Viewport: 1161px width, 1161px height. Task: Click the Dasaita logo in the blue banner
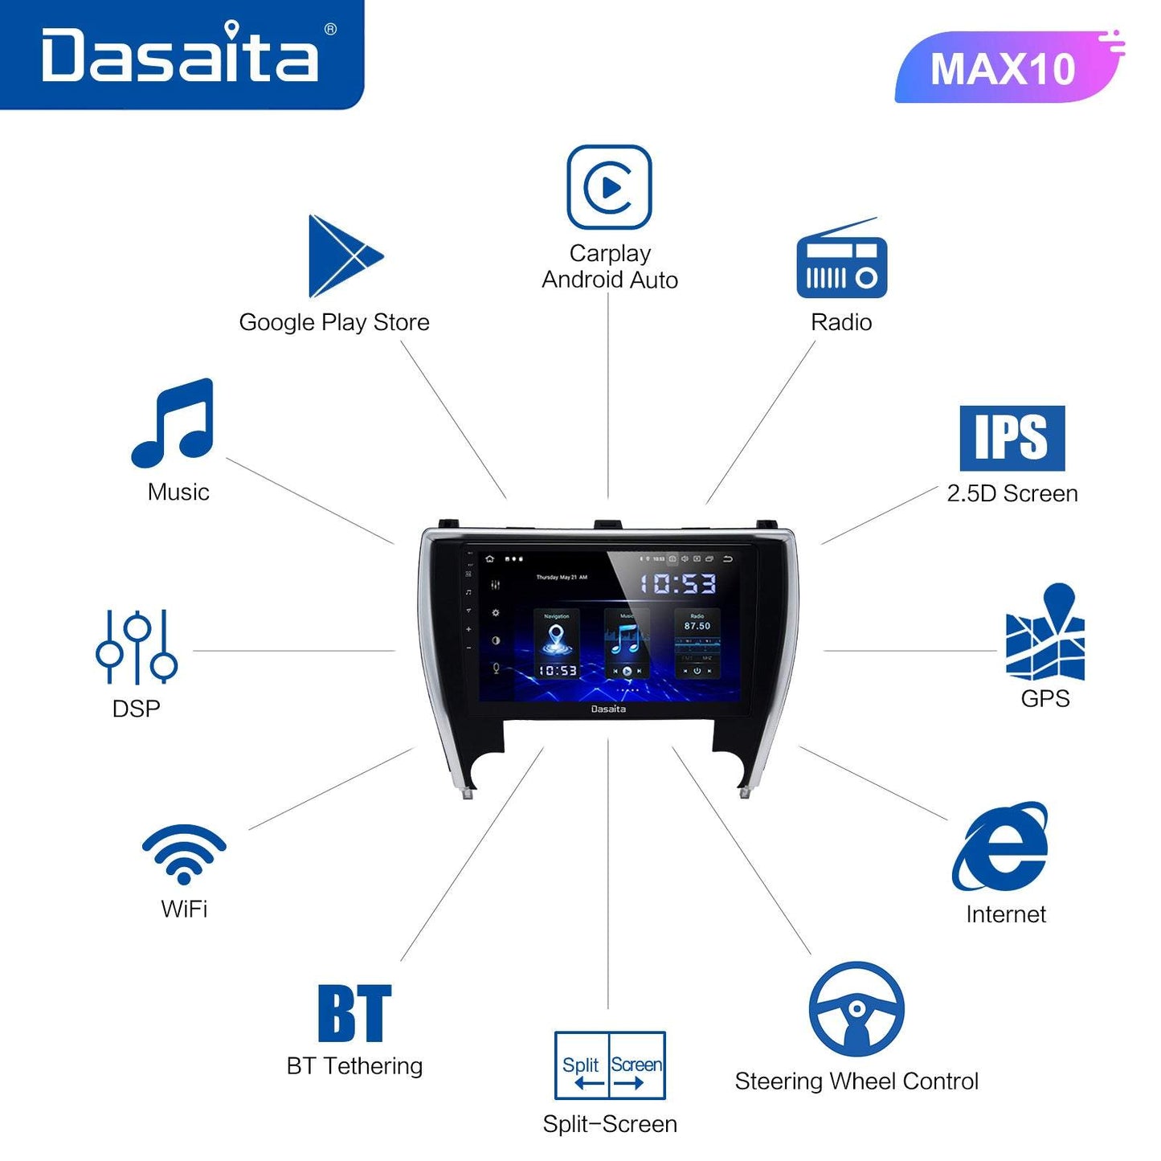click(x=180, y=54)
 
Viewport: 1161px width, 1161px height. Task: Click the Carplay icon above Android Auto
click(x=609, y=187)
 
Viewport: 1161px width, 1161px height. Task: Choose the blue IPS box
click(x=1012, y=438)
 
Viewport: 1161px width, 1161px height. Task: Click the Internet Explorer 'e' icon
click(x=1001, y=847)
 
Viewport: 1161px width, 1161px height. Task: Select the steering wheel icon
click(x=856, y=1009)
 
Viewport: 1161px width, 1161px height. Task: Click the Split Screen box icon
click(x=610, y=1065)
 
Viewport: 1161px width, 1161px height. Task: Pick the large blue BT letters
click(x=354, y=1013)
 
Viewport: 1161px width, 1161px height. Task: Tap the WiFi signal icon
click(x=184, y=853)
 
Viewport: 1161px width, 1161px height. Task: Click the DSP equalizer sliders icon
click(x=137, y=647)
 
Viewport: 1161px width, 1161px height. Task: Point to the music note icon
click(x=174, y=423)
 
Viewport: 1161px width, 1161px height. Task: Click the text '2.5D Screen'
click(x=1012, y=493)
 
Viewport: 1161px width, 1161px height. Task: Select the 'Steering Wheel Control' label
click(x=856, y=1081)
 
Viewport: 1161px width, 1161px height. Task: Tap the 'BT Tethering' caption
click(x=354, y=1066)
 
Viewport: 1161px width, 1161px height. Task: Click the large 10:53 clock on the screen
click(x=677, y=583)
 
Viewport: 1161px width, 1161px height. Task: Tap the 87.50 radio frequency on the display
click(x=697, y=626)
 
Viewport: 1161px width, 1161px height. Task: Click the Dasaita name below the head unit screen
click(x=608, y=709)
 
